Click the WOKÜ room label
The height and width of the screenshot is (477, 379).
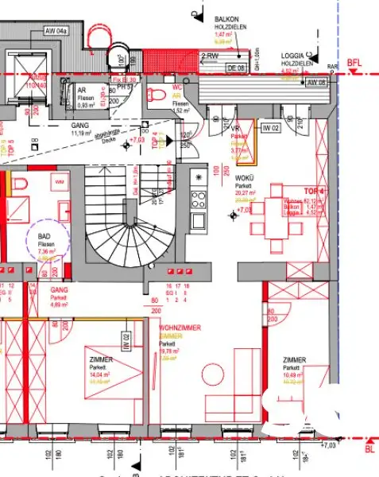[x=243, y=176]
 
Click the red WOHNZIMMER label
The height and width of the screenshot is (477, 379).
[x=180, y=328]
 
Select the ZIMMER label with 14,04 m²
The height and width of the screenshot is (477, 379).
[x=101, y=360]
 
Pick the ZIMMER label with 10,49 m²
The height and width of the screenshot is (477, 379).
[x=293, y=360]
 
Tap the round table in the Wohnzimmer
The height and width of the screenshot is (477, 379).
[x=212, y=374]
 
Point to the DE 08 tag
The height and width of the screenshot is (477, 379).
[x=234, y=68]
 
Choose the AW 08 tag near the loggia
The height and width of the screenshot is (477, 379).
[x=316, y=82]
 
